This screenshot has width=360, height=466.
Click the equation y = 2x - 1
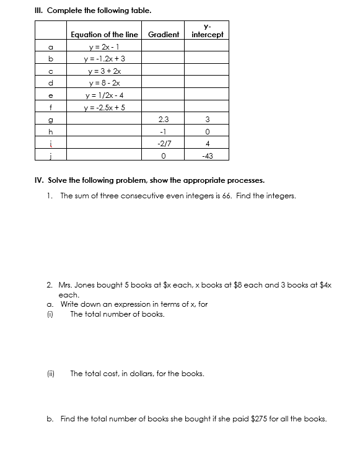(x=104, y=46)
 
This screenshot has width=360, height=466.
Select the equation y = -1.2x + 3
(x=104, y=58)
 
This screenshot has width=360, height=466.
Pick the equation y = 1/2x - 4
(x=104, y=95)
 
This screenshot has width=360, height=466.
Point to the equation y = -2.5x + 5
(x=104, y=107)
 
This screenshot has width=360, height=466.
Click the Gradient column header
(x=164, y=35)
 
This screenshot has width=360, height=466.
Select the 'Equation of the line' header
(x=104, y=35)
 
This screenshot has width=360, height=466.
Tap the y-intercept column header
(x=208, y=31)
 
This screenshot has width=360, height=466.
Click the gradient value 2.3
(x=164, y=119)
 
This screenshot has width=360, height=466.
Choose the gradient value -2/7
(x=164, y=143)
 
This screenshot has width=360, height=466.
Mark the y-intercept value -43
(x=208, y=156)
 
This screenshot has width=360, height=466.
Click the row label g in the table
(x=51, y=119)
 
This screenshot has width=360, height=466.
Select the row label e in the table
(x=51, y=95)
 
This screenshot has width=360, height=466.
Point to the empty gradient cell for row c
(x=164, y=71)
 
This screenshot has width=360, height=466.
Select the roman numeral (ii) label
(x=51, y=374)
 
